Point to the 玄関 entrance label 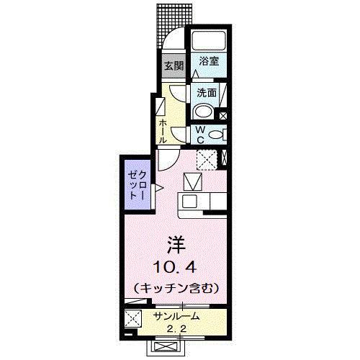174,66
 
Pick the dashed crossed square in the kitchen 208,158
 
